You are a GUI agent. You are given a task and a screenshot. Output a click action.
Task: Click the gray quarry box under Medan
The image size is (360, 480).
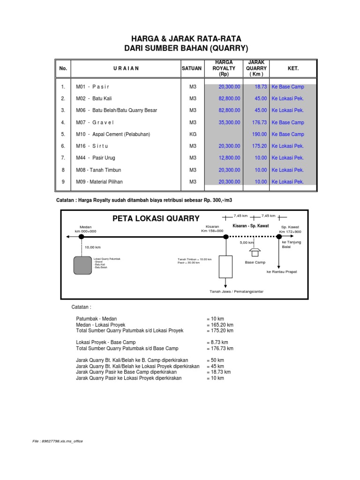point(82,265)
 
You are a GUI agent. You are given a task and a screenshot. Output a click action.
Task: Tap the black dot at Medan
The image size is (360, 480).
point(82,237)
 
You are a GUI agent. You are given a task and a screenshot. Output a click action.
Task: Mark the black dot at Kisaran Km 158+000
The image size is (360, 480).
point(225,237)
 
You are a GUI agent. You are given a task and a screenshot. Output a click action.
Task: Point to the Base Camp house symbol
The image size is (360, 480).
point(255,252)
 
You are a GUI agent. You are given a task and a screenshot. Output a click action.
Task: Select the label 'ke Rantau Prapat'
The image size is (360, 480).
point(281,272)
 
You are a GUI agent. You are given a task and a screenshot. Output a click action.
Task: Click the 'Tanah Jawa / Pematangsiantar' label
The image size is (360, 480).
point(236,292)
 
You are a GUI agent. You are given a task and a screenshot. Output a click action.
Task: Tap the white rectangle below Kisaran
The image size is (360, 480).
point(225,266)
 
